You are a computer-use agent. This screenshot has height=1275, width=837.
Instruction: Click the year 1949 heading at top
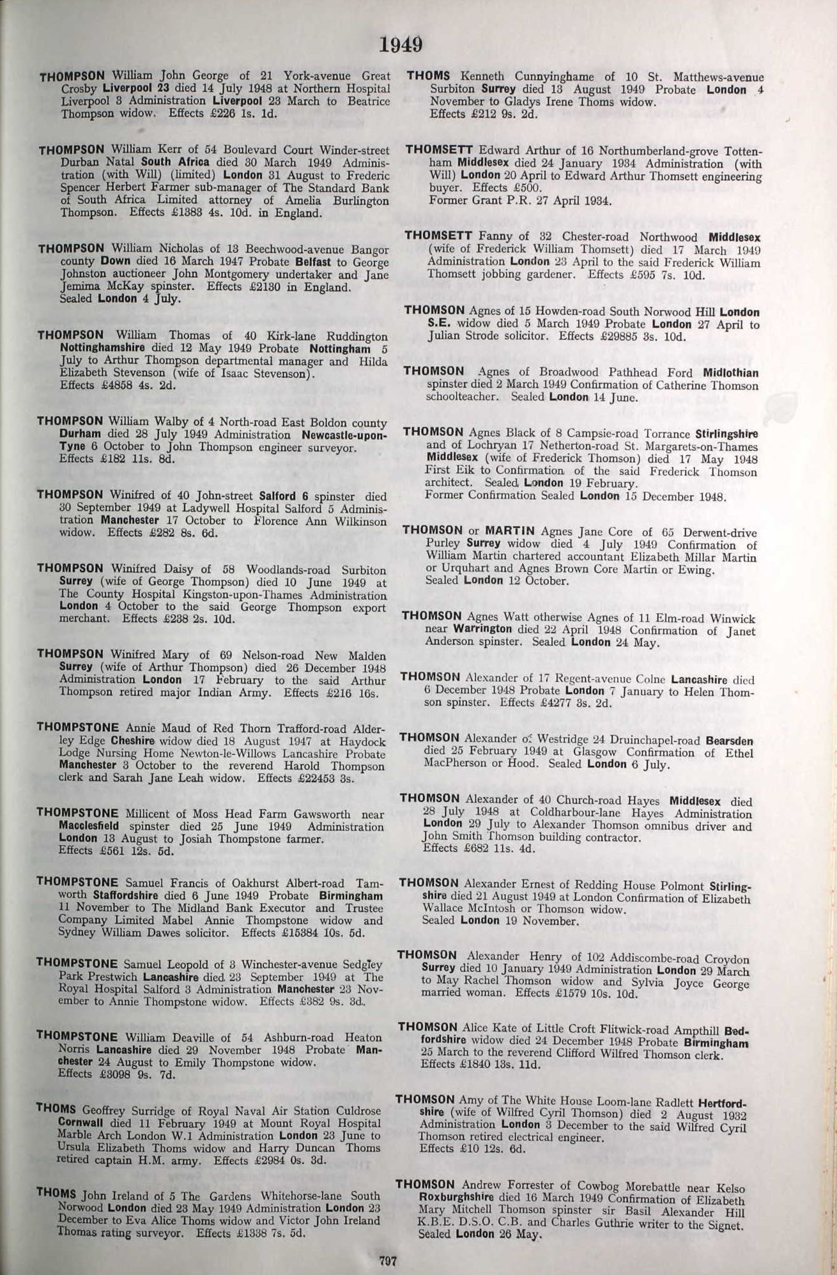point(401,45)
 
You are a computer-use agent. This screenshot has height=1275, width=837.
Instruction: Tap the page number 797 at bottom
point(388,1261)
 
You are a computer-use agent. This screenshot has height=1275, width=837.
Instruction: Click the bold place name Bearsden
point(729,741)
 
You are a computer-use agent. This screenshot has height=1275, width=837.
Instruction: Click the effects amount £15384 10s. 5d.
point(321,932)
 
